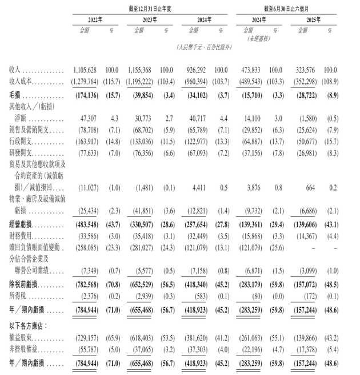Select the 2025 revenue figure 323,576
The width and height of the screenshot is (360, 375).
click(303, 70)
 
